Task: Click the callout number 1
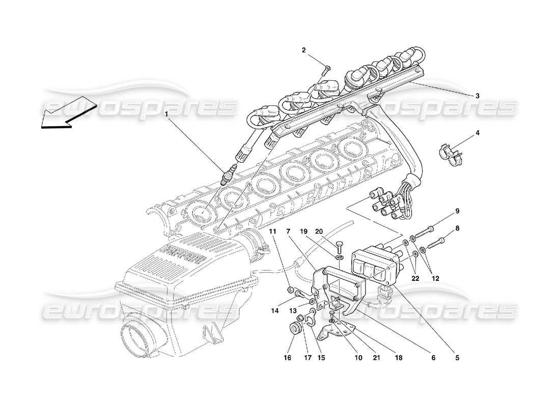(165, 115)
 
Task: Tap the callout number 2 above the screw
(303, 50)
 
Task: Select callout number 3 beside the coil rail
(478, 95)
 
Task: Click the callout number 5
(457, 358)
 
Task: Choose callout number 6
(433, 358)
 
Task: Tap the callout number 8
(457, 229)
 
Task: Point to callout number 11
(272, 231)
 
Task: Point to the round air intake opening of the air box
(138, 340)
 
